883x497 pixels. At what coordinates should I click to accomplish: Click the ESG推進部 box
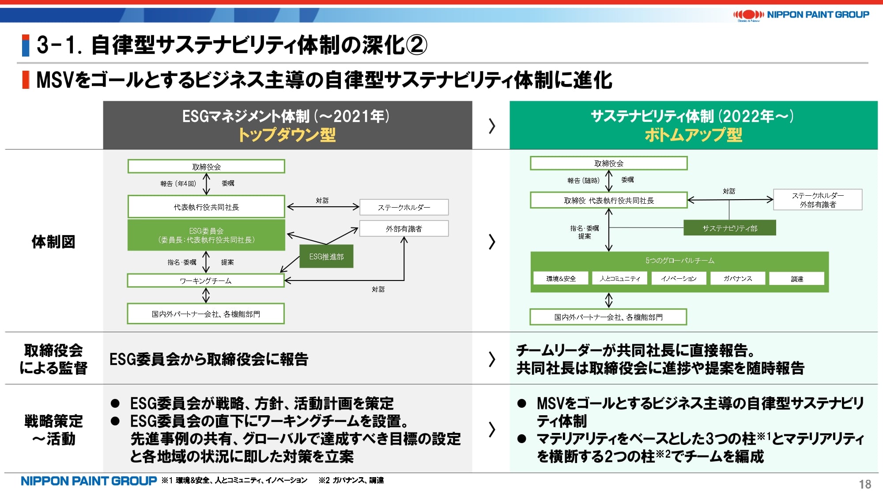[x=326, y=256]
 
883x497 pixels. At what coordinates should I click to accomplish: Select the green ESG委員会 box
[x=206, y=235]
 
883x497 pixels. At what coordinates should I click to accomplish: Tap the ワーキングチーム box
[x=206, y=281]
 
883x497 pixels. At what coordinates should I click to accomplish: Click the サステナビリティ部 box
[x=729, y=228]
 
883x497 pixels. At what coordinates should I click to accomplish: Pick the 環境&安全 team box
[x=561, y=278]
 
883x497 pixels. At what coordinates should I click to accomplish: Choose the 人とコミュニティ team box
[x=620, y=278]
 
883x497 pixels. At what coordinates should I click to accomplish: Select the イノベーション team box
[x=679, y=278]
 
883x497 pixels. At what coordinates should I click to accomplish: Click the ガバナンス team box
[x=737, y=278]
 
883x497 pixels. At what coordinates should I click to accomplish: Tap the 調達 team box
[x=796, y=279]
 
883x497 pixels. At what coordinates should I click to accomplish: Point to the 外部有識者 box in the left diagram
[x=404, y=228]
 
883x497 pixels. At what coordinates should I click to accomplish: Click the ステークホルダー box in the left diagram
[x=404, y=207]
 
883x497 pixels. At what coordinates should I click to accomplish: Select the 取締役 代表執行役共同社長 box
[x=609, y=200]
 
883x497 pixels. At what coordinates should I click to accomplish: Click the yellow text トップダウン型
[x=287, y=135]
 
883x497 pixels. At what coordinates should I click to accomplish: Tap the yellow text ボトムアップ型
[x=693, y=135]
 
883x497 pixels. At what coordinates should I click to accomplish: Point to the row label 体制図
[x=53, y=242]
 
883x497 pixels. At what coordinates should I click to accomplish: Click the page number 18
[x=865, y=484]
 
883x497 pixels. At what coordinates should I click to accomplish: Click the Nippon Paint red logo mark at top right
[x=748, y=15]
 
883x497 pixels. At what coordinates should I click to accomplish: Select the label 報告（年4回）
[x=178, y=183]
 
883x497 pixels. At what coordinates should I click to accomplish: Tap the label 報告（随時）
[x=583, y=180]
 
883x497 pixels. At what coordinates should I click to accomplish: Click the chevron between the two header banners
[x=492, y=126]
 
